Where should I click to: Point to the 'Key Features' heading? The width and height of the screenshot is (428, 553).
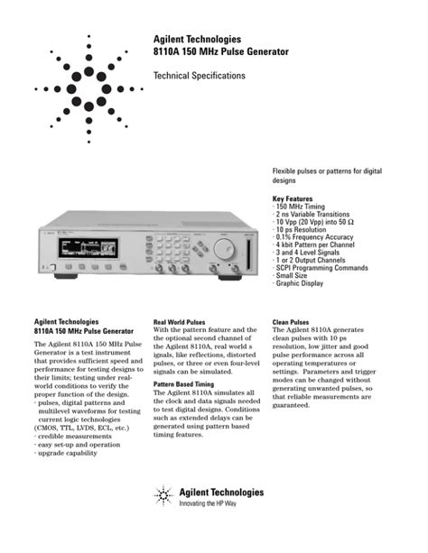click(295, 198)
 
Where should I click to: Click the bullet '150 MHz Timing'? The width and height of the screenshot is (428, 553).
click(306, 206)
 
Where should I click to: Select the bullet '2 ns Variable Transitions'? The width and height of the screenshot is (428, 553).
click(318, 214)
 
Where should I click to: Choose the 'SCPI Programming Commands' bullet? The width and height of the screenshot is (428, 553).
click(321, 268)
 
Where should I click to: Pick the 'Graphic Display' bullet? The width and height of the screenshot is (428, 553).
click(300, 283)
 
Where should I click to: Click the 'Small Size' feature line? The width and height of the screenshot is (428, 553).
click(293, 275)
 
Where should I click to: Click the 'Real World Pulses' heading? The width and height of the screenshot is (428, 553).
click(180, 321)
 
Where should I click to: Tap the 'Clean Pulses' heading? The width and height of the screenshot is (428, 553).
click(291, 321)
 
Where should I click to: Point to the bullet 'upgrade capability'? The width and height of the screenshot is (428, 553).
click(67, 453)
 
